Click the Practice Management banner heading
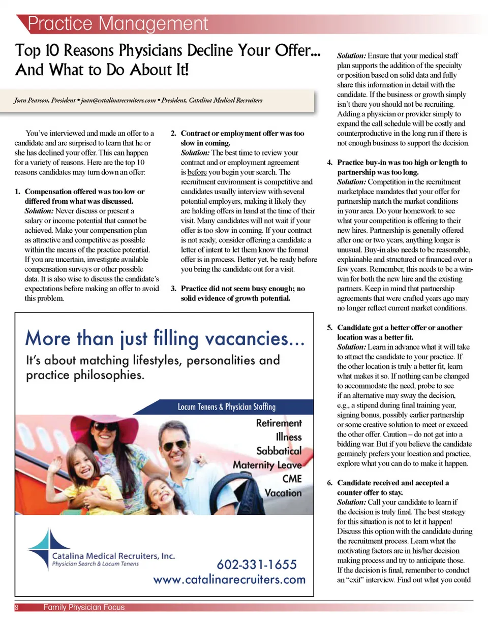tap(118, 23)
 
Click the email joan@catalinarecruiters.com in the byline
tap(115, 101)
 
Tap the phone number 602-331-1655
tap(256, 565)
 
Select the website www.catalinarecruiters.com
tap(229, 579)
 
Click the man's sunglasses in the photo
tap(174, 446)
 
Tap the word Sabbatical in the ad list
tap(279, 451)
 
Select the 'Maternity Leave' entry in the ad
tap(267, 465)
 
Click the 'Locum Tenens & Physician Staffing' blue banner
tap(226, 406)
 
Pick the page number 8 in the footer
tap(16, 607)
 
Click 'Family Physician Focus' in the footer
tap(84, 607)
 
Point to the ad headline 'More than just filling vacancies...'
tap(165, 338)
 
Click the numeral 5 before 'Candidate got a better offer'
tap(329, 328)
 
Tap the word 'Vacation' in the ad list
tap(283, 493)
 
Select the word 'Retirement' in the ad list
tap(279, 423)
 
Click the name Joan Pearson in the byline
tap(33, 101)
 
